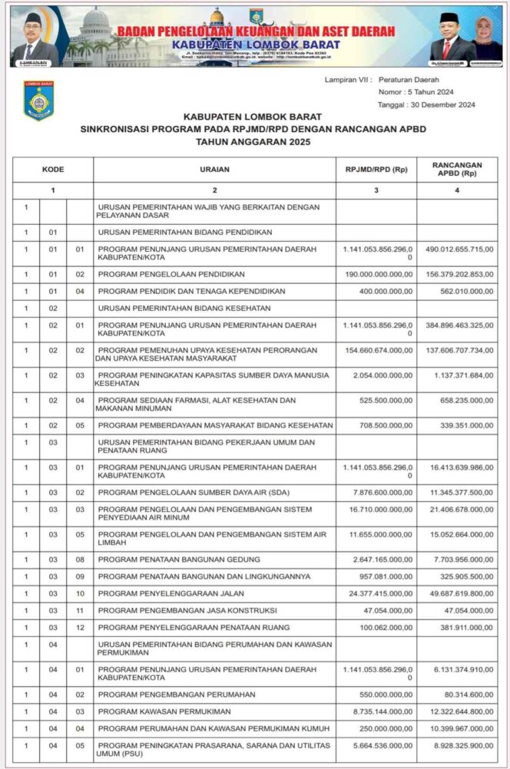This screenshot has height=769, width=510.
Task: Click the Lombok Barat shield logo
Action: click(x=38, y=101)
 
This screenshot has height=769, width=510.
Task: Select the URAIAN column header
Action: click(x=214, y=169)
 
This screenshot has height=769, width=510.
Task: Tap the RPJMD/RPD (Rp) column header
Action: click(x=376, y=169)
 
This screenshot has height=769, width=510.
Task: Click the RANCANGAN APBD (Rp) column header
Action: click(x=457, y=169)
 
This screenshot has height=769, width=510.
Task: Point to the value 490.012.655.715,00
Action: click(x=458, y=249)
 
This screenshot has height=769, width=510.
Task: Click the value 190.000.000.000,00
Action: click(x=378, y=274)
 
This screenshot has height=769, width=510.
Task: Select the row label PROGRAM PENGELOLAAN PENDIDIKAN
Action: click(x=171, y=274)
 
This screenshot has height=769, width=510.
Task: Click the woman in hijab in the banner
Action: click(x=485, y=38)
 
